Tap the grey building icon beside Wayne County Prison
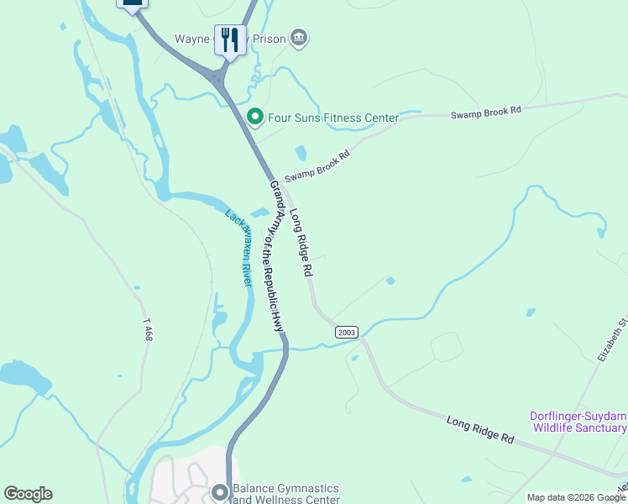pos(299,38)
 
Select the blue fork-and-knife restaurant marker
pos(230,39)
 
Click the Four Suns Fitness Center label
pos(332,118)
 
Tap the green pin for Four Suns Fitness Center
pos(254,117)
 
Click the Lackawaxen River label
pos(239,248)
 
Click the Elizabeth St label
pos(612,339)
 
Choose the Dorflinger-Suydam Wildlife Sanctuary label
pos(578,422)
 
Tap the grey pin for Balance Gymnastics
pos(220,492)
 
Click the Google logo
pos(28,494)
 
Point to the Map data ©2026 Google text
pos(576,497)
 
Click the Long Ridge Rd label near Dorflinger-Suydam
pos(479,429)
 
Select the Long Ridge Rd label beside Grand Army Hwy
pos(301,244)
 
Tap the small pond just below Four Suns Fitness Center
pos(301,153)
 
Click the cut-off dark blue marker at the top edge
pos(132,5)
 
